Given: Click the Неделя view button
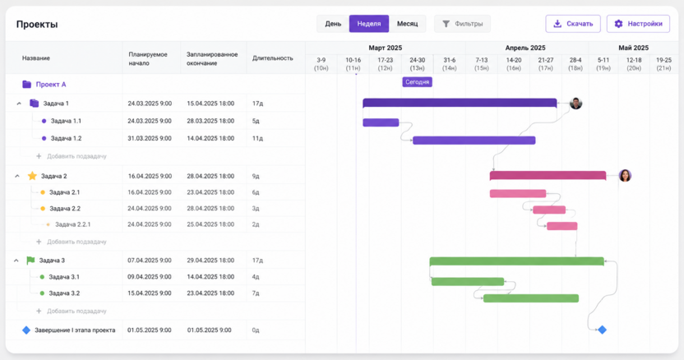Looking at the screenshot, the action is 368,24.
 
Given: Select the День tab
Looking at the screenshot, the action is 333,24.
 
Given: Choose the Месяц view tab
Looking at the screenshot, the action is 407,24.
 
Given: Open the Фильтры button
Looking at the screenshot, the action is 462,24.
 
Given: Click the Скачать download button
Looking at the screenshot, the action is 573,24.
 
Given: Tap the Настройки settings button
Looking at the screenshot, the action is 638,24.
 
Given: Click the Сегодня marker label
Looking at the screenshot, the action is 417,82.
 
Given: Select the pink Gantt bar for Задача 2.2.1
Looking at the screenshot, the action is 562,226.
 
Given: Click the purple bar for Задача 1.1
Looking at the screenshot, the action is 381,122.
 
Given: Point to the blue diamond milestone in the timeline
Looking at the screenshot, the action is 602,330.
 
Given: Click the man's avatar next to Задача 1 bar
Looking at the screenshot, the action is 575,104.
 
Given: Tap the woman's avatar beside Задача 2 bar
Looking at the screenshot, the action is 625,175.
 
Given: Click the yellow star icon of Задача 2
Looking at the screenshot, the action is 32,176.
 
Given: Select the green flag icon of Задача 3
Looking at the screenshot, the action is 30,261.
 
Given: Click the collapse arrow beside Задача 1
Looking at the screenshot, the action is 19,104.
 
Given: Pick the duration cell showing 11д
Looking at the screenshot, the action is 257,138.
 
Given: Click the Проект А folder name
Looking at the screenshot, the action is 51,84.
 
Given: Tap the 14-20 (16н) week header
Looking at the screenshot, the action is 514,64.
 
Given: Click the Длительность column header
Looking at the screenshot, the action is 273,58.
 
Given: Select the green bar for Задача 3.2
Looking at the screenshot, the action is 531,298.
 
